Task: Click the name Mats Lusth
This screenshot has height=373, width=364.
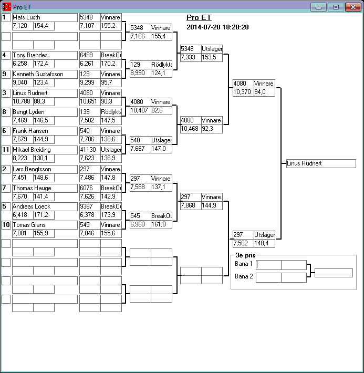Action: coord(44,17)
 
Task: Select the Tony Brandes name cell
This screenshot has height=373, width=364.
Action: coord(44,55)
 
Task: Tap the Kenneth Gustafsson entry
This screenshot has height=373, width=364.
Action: coord(44,74)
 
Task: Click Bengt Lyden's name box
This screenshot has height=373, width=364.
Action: coord(44,112)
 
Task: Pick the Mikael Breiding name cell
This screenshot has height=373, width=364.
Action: coord(44,150)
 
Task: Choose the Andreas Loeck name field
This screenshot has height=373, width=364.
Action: coord(44,206)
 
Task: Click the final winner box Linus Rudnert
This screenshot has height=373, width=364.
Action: coord(320,163)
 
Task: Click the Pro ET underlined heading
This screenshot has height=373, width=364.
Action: coord(199,17)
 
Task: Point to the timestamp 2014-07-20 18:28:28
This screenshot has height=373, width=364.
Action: coord(217,27)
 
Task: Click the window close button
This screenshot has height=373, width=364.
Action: coord(352,7)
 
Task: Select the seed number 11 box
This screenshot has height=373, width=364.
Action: coord(6,150)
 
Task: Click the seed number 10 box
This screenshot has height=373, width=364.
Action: coord(6,225)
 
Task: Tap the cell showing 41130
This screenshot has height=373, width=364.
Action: coord(89,150)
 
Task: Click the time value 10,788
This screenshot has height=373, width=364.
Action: coord(23,101)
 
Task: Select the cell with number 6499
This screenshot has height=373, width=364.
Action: coord(89,55)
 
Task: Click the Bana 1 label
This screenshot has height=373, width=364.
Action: coord(244,264)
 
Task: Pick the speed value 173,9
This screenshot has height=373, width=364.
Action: coord(111,215)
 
